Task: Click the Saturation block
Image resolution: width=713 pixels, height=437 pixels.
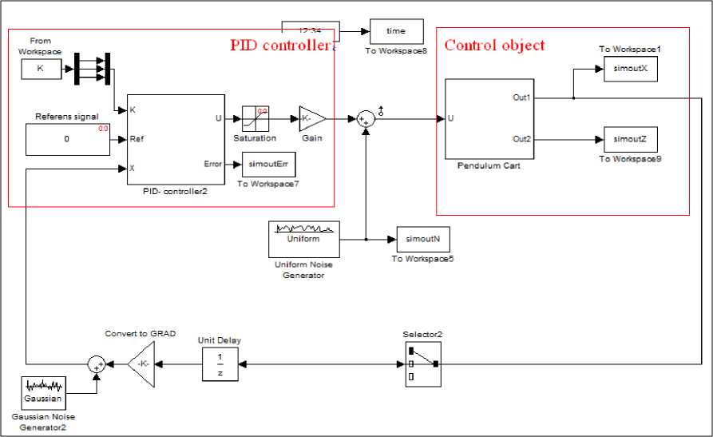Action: [x=255, y=119]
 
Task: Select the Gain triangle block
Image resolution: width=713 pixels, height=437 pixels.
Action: [x=311, y=119]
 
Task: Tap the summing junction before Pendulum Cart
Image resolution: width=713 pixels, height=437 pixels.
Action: [x=365, y=119]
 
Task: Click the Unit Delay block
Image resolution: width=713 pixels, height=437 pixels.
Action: [x=219, y=364]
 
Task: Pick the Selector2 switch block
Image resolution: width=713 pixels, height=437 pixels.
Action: [x=422, y=364]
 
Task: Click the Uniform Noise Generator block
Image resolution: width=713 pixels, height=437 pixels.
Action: [x=303, y=239]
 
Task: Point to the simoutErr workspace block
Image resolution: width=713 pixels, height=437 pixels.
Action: [x=263, y=165]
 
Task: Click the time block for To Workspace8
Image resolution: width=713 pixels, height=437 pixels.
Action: [x=396, y=31]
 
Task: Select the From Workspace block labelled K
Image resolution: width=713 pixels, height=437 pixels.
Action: [x=40, y=69]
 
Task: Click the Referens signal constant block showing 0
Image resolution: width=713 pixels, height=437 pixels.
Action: [x=67, y=139]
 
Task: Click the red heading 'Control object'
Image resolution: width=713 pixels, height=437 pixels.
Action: [x=494, y=45]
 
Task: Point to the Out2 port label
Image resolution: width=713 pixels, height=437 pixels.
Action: [x=521, y=139]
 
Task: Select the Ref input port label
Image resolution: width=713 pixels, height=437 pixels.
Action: [x=137, y=139]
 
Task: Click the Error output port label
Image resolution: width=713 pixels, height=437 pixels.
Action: [x=213, y=165]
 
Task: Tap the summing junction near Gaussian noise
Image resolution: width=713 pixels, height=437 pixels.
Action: [x=97, y=364]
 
